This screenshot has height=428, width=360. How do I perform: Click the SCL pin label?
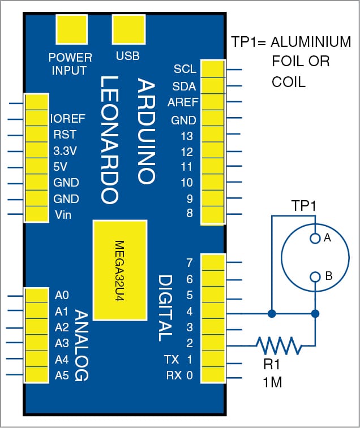[x=185, y=70]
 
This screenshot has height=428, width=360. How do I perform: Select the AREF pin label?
[x=182, y=102]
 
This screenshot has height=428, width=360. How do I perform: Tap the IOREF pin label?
[x=67, y=119]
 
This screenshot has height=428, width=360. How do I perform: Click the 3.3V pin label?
[x=66, y=151]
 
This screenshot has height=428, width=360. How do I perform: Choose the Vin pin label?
[x=63, y=215]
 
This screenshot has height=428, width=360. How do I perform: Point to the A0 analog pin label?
[x=62, y=295]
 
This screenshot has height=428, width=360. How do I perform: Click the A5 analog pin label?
[x=62, y=375]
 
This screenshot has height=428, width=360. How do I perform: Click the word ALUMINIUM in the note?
[x=311, y=42]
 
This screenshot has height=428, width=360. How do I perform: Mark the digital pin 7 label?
[x=190, y=263]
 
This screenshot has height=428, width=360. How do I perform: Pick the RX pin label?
[x=173, y=375]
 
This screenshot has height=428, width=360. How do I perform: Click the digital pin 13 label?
[x=187, y=136]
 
